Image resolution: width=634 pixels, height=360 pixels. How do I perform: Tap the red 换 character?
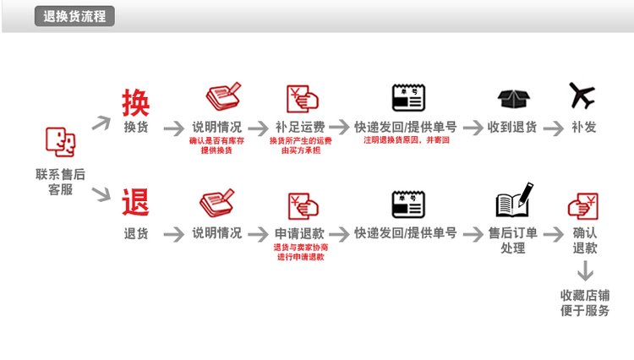pos(135,102)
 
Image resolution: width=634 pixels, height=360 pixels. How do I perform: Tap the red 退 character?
pos(135,203)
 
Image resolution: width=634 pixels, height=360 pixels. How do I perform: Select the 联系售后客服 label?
pos(61,182)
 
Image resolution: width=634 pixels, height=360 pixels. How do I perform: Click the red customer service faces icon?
pos(61,142)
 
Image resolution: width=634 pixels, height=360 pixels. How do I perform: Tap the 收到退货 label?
pos(512,128)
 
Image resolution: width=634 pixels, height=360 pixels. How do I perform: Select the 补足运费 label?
pos(300,128)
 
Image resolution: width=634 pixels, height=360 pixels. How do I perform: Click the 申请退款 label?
pos(300,232)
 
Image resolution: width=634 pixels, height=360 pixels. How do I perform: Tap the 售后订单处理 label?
pos(512,240)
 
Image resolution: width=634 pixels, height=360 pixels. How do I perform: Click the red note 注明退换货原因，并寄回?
pos(407,140)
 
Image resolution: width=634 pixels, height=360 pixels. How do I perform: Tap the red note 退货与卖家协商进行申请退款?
pos(300,251)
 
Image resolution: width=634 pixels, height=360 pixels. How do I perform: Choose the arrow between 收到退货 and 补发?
pos(554,128)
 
